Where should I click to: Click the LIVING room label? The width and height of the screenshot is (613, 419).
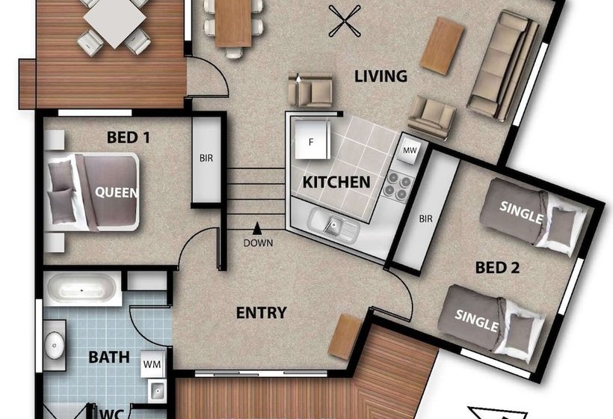tap(381, 76)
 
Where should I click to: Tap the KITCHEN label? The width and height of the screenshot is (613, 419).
tap(336, 183)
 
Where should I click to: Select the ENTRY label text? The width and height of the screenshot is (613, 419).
tap(262, 313)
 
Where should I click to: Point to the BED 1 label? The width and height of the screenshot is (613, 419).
tap(129, 138)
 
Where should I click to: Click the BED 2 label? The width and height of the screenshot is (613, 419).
tap(497, 268)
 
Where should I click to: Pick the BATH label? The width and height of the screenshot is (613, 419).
tap(109, 357)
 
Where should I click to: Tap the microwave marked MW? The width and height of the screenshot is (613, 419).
tap(410, 150)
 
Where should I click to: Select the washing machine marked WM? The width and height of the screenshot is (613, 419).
tap(152, 364)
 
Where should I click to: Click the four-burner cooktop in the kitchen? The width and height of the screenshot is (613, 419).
tap(398, 186)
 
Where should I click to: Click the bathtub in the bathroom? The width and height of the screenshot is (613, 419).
tap(81, 290)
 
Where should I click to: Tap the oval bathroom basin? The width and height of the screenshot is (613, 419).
tap(54, 346)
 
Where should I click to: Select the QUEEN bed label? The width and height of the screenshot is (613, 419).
tap(117, 192)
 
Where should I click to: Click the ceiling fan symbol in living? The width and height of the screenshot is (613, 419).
tap(345, 22)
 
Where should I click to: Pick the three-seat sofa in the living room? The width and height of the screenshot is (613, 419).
tap(504, 64)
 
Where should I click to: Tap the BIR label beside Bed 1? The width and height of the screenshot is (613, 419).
tap(206, 158)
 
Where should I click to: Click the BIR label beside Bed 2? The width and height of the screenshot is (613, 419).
tap(426, 218)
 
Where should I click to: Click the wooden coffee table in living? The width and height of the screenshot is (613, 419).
tap(442, 46)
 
